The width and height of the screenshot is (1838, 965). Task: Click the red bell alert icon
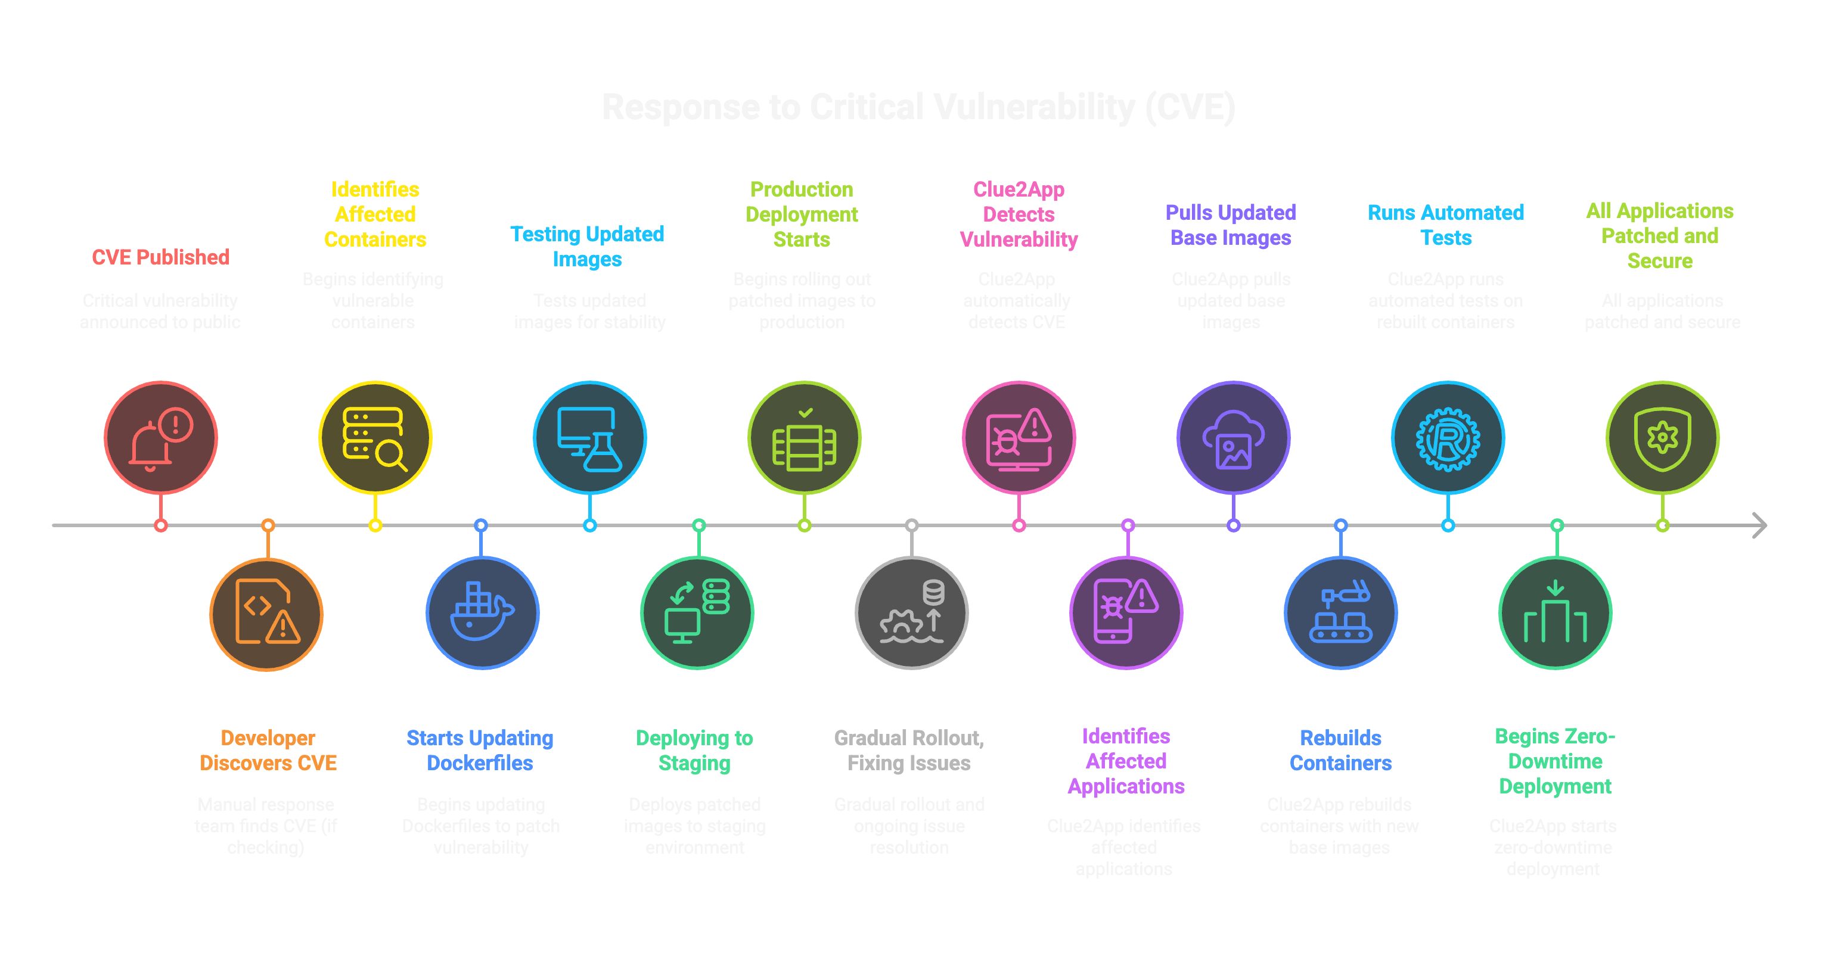pos(160,438)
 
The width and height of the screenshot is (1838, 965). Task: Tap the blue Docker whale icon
pos(482,613)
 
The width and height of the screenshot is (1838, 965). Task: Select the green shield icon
pos(1662,438)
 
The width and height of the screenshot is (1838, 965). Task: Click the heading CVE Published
pos(160,257)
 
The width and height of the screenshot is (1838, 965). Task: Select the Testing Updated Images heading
pos(586,246)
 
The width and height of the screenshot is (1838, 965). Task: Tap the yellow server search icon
pos(375,438)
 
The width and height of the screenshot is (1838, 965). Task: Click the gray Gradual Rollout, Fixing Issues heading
pos(908,751)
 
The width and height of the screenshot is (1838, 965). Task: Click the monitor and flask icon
pos(589,438)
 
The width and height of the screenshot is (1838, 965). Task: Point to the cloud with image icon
pos(1233,438)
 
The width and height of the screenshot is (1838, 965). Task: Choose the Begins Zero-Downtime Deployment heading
pos(1555,761)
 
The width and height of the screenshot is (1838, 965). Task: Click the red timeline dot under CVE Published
pos(160,525)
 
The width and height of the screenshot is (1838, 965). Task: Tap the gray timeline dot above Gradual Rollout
pos(911,525)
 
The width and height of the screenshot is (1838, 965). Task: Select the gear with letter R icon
pos(1447,438)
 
